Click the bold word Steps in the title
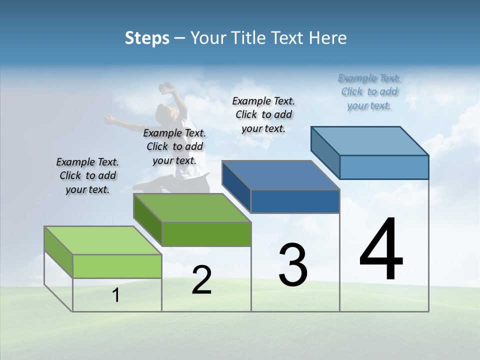point(147,38)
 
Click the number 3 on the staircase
point(293,265)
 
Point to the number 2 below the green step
point(201,280)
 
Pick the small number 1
point(116,295)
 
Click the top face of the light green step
point(102,240)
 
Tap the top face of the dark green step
point(191,207)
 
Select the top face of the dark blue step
point(280,175)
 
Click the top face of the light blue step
point(369,140)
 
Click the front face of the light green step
point(117,266)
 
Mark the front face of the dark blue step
point(295,201)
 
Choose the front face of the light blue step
point(384,167)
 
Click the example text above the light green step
point(87,175)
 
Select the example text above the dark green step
point(174,146)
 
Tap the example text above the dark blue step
point(263,114)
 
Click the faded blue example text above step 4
point(369,91)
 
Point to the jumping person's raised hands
point(166,89)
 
